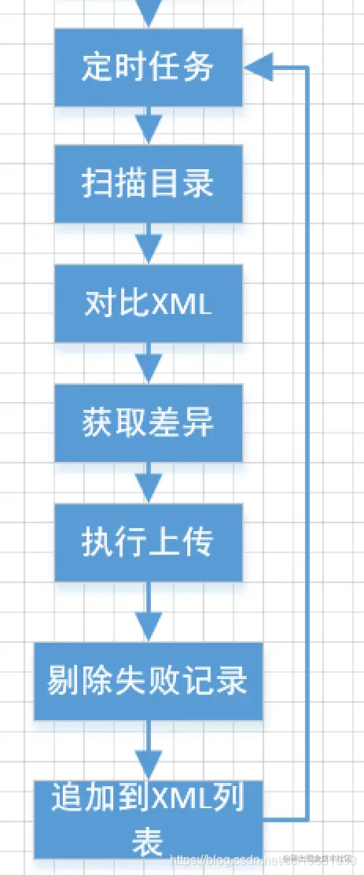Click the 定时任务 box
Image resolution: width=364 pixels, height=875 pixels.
coord(149,68)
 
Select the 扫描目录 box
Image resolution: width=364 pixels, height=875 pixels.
coord(149,184)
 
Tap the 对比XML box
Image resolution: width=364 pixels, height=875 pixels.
coord(149,303)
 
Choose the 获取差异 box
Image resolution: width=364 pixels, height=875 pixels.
coord(149,423)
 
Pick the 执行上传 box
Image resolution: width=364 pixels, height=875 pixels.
coord(149,542)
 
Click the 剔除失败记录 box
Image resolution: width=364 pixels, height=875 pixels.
coord(149,681)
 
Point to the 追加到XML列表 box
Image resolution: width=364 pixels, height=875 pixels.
coord(149,818)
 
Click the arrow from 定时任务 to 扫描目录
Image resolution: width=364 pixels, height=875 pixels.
coord(149,127)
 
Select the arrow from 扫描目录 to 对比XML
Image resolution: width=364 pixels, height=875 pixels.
coord(149,244)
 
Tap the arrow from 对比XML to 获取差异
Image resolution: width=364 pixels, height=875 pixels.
coord(149,363)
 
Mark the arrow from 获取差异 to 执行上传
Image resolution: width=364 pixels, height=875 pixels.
coord(149,482)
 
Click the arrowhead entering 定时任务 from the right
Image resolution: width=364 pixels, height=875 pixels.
coord(258,68)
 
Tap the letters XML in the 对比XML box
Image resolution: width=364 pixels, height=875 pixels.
coord(181,304)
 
